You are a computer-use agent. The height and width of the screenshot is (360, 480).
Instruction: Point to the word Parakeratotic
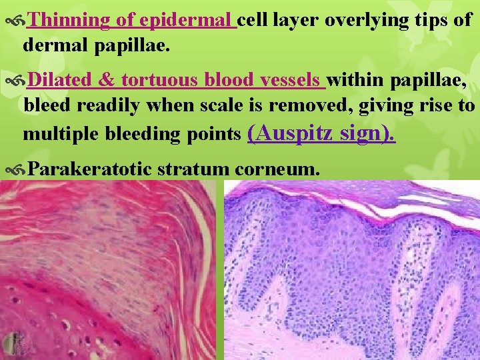click(x=90, y=169)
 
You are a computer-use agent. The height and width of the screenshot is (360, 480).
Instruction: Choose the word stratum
click(x=194, y=169)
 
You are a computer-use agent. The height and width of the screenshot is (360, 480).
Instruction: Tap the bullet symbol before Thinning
click(x=15, y=21)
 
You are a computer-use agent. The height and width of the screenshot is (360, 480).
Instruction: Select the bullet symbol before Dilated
click(x=15, y=81)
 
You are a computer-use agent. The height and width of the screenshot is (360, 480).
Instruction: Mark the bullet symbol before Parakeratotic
click(x=15, y=170)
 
